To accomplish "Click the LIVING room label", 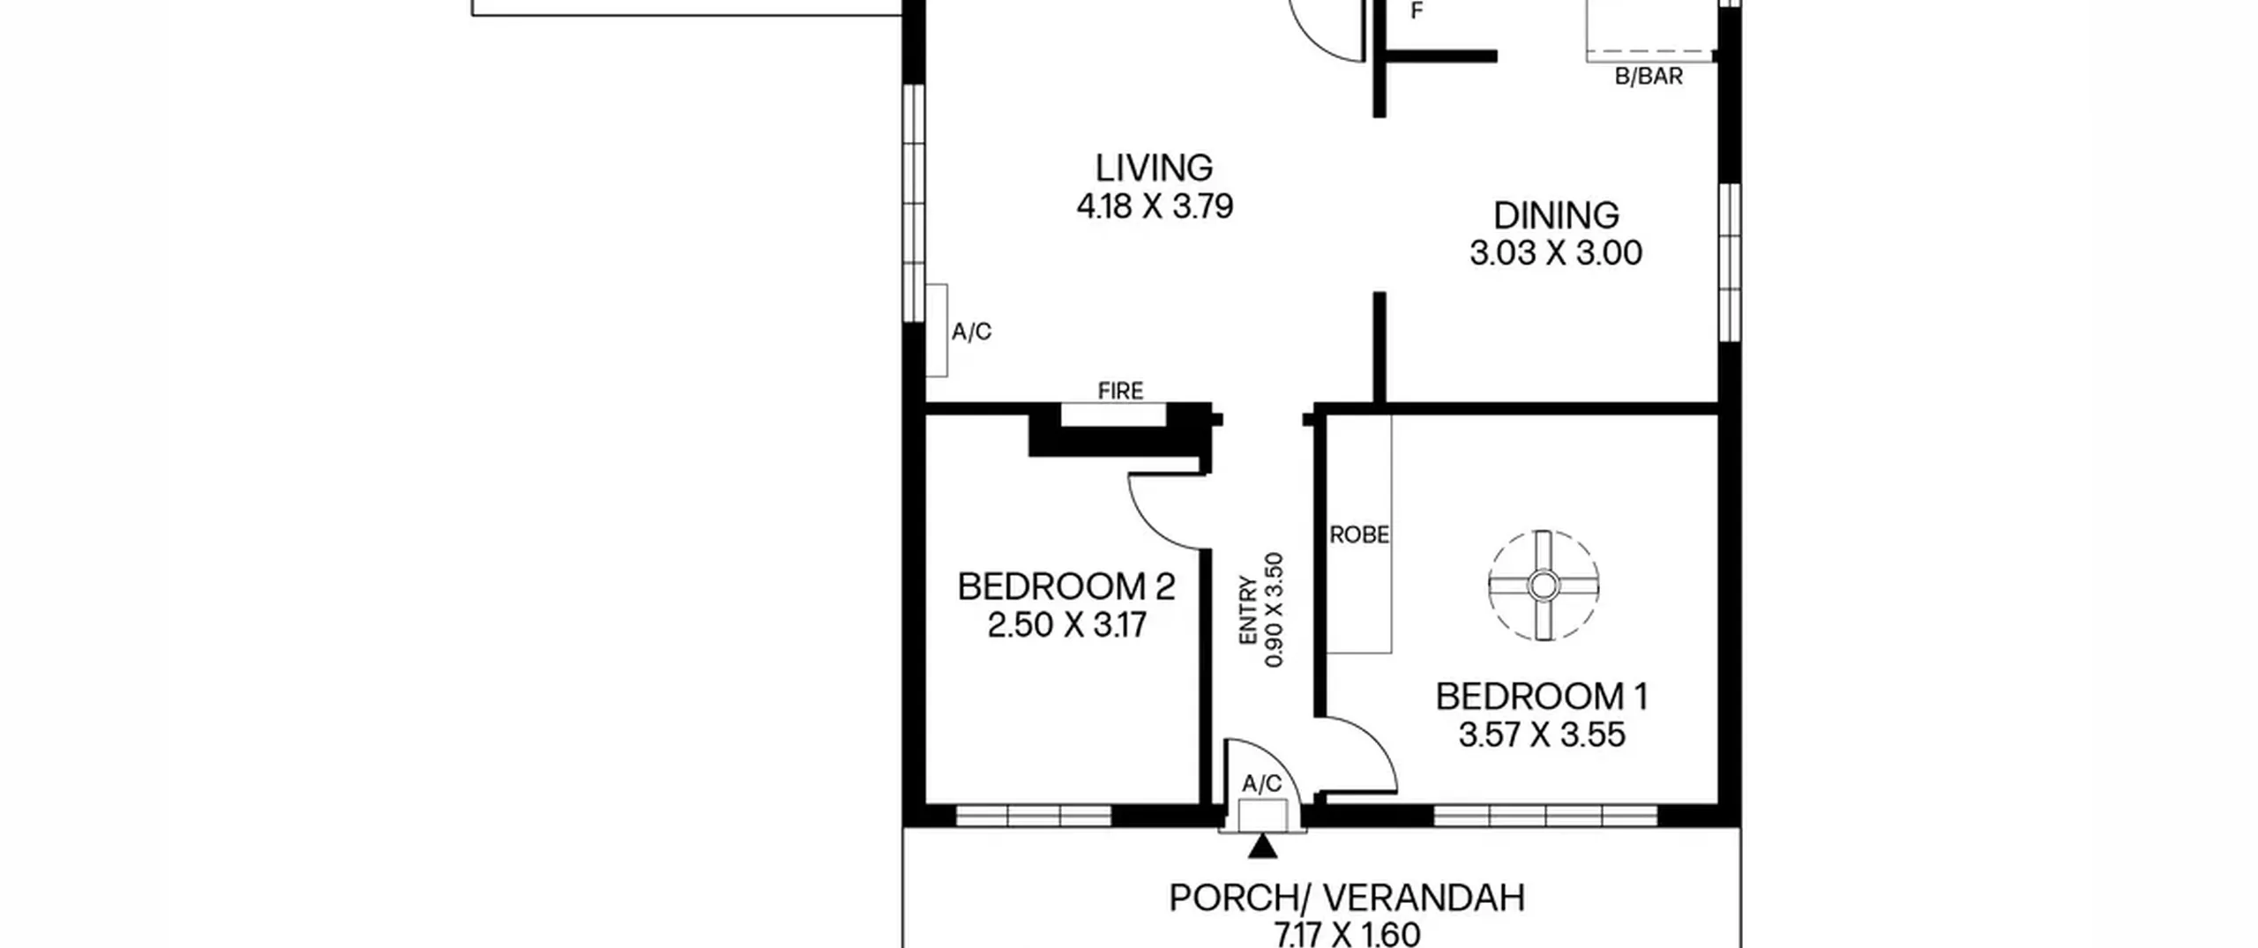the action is pyautogui.click(x=1154, y=168).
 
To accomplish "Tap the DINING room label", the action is pyautogui.click(x=1556, y=215).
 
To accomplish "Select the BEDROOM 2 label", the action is pyautogui.click(x=1065, y=586).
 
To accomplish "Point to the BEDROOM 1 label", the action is pyautogui.click(x=1541, y=697).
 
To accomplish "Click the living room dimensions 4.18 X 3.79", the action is pyautogui.click(x=1154, y=206).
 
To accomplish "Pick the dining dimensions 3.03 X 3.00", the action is pyautogui.click(x=1556, y=253).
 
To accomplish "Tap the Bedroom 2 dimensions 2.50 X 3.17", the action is pyautogui.click(x=1065, y=625).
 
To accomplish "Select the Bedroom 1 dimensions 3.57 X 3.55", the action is pyautogui.click(x=1541, y=735).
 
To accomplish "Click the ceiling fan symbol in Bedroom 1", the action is pyautogui.click(x=1543, y=586).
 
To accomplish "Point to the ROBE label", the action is pyautogui.click(x=1358, y=534).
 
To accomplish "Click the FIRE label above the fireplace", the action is pyautogui.click(x=1120, y=390).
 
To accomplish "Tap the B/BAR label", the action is pyautogui.click(x=1648, y=77).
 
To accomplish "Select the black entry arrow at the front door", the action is pyautogui.click(x=1263, y=847).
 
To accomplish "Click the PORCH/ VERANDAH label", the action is pyautogui.click(x=1346, y=898).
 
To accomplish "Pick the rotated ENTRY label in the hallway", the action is pyautogui.click(x=1247, y=610).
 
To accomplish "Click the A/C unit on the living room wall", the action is pyautogui.click(x=937, y=330).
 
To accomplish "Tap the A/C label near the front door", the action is pyautogui.click(x=1261, y=784).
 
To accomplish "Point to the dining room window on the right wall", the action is pyautogui.click(x=1730, y=262).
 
